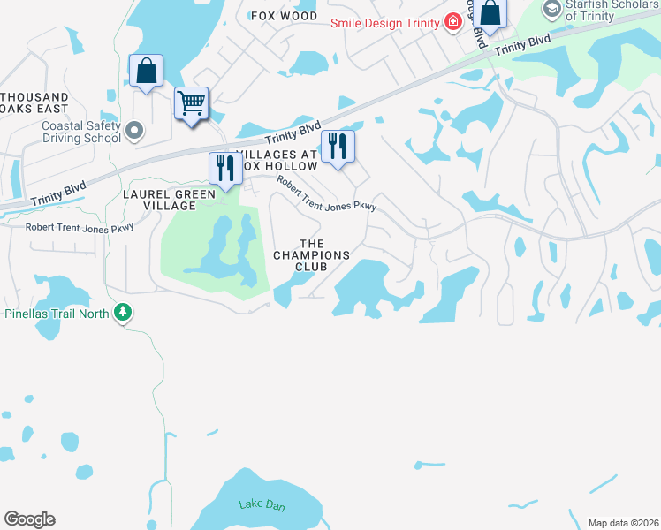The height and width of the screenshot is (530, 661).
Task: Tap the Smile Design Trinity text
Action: (x=386, y=21)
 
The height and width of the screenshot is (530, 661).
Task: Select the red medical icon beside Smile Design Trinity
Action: (x=452, y=20)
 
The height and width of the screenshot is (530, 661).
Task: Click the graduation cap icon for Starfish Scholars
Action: (x=552, y=9)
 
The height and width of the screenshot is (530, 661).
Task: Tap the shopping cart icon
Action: (x=191, y=103)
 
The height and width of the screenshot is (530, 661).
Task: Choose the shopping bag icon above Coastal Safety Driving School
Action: (x=146, y=71)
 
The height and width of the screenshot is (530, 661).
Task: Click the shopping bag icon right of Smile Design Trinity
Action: (x=491, y=13)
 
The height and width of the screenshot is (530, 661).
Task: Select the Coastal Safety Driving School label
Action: (x=81, y=132)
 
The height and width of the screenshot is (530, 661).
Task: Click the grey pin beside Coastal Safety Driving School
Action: (x=134, y=132)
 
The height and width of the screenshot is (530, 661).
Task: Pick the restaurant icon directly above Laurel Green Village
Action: (x=224, y=167)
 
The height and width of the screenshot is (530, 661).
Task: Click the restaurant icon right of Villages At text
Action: (x=337, y=145)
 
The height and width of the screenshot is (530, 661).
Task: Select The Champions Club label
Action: (x=312, y=254)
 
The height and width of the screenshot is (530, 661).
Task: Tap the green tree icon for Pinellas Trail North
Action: (x=123, y=313)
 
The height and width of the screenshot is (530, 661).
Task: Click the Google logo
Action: (x=29, y=519)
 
